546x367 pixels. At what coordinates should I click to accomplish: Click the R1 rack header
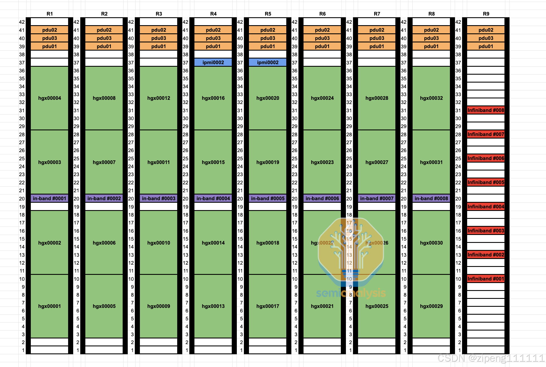tap(49, 14)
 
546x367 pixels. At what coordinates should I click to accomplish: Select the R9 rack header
tap(486, 14)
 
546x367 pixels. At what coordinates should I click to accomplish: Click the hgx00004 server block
tap(49, 98)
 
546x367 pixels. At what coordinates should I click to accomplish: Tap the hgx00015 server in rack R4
tap(213, 162)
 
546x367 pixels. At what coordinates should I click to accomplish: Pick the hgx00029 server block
tap(431, 306)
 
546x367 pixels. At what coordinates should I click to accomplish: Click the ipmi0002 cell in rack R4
tap(213, 62)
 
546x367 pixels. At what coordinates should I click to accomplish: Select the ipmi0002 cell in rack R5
tap(268, 62)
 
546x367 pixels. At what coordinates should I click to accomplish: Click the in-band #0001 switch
tap(49, 198)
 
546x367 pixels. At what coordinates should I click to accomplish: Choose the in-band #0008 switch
tap(431, 198)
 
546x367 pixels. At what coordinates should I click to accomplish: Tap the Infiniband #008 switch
tap(486, 110)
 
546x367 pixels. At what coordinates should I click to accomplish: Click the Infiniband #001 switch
tap(486, 279)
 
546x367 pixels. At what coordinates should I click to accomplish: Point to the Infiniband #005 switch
tap(486, 182)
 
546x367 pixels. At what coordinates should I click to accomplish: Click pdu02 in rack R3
tap(159, 30)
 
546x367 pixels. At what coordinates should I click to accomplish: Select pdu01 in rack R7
tap(377, 46)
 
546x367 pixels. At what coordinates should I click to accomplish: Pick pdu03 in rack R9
tap(486, 38)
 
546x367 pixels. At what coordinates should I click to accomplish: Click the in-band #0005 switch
tap(268, 198)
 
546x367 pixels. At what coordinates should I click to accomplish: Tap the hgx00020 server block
tap(268, 98)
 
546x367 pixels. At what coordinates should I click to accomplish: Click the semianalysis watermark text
tap(351, 293)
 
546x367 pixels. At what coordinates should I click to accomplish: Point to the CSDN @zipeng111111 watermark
tap(491, 358)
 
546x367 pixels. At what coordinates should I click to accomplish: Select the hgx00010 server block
tap(159, 243)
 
